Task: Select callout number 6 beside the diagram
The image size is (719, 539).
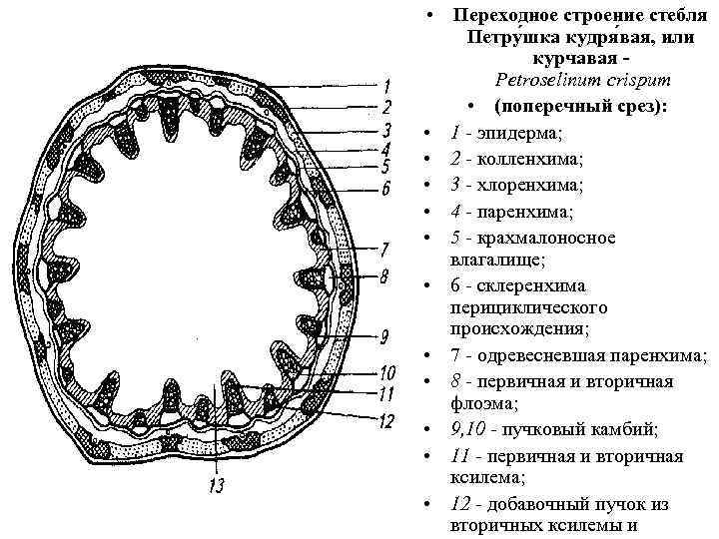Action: (x=386, y=188)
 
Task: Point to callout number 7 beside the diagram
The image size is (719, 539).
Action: (x=384, y=249)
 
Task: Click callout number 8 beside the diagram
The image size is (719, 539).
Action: (x=385, y=273)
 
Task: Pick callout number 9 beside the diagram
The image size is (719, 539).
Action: (x=384, y=334)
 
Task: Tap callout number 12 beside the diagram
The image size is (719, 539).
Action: (x=386, y=420)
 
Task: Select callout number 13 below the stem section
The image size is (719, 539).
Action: (x=217, y=486)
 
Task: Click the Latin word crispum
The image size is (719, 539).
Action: (x=628, y=79)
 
